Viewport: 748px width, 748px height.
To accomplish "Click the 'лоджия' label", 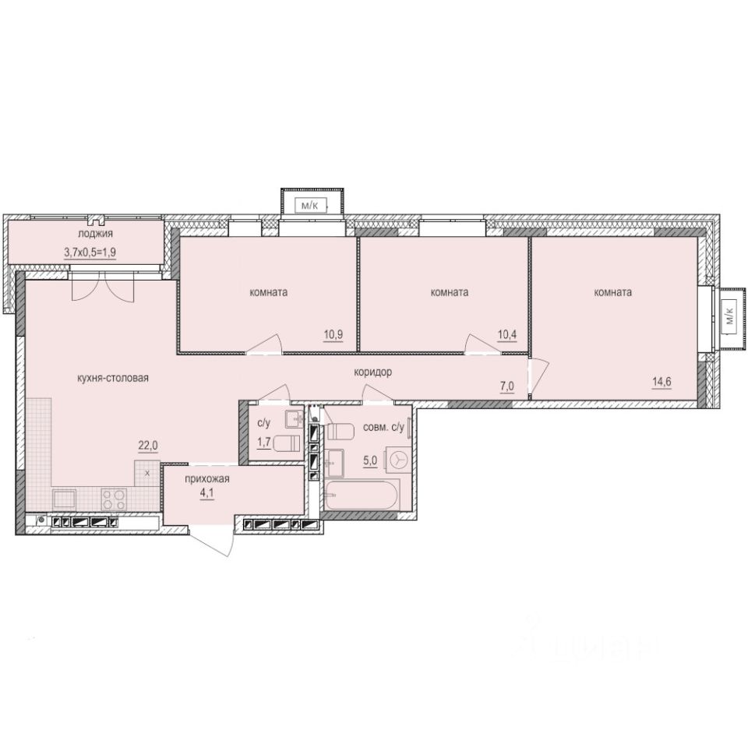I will click(96, 234).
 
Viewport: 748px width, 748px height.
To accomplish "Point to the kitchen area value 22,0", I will click(148, 445).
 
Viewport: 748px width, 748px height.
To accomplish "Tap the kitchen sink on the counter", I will click(65, 498).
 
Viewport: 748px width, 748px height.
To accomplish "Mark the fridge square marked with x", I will click(147, 471).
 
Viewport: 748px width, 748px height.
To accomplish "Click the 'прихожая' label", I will click(206, 479).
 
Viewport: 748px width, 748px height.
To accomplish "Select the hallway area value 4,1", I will click(207, 494).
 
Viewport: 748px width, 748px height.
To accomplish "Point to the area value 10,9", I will click(334, 335).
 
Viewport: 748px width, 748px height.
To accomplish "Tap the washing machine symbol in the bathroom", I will click(398, 460).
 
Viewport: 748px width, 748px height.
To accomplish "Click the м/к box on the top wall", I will click(310, 206).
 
